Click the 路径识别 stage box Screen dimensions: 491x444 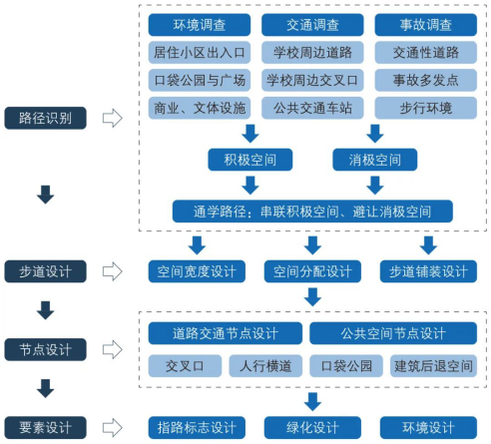coord(45,118)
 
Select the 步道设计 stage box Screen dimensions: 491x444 coord(45,271)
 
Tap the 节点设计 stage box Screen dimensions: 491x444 coord(45,349)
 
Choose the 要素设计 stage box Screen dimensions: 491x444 coord(45,427)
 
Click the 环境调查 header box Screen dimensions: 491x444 coord(200,25)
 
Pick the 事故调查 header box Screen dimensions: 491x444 coord(426,25)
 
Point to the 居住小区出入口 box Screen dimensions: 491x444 coord(200,52)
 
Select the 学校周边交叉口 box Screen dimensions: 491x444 coord(312,80)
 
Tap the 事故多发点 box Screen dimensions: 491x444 coord(426,80)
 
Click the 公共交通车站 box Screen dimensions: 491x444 coord(312,108)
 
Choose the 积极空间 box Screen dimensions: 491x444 coord(250,160)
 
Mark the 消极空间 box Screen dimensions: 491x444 coord(375,160)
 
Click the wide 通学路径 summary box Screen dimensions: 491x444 coord(312,212)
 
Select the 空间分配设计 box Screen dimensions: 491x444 coord(312,271)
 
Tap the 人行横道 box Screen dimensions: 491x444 coord(265,366)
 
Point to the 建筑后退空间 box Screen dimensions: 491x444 coord(433,366)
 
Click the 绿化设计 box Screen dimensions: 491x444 coord(312,427)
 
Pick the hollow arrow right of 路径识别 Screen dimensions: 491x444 coord(113,118)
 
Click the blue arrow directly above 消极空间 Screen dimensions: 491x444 coord(375,134)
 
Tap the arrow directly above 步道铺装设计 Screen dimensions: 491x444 coord(428,245)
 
